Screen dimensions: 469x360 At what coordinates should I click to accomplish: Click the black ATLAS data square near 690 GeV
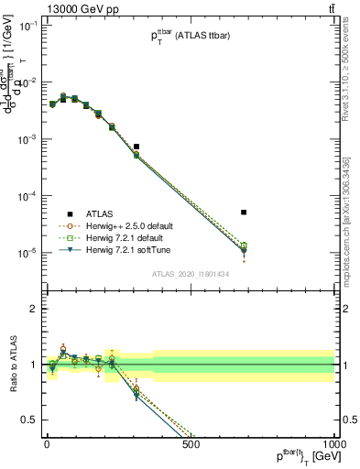click(x=244, y=212)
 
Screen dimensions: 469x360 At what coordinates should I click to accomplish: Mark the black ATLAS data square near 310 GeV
click(x=136, y=147)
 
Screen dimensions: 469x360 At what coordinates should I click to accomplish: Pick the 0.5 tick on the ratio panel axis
click(x=27, y=420)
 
